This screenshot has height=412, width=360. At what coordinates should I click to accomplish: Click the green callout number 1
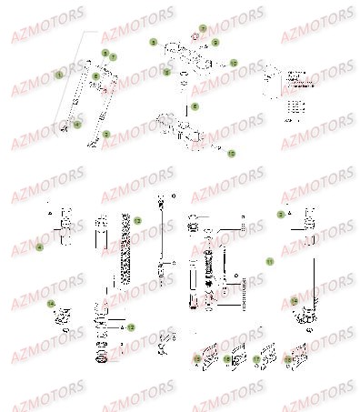[x=60, y=74]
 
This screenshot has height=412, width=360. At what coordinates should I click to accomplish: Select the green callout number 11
[x=270, y=261]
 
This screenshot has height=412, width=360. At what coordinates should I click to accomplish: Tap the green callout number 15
[x=196, y=360]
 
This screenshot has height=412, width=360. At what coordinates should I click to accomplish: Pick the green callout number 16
[x=228, y=360]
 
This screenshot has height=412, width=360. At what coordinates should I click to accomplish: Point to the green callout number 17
[x=257, y=360]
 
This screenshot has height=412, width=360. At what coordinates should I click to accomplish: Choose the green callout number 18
[x=288, y=360]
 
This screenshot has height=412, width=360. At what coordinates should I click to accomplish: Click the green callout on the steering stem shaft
[x=193, y=106]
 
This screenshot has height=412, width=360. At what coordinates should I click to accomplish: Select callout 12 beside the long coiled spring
[x=137, y=221]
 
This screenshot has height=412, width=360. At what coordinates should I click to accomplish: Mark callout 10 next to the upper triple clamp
[x=233, y=63]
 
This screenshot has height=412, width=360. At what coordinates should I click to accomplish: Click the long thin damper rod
[x=161, y=232]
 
